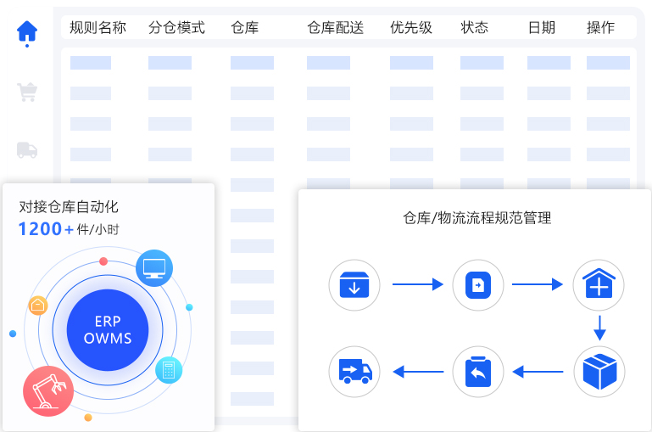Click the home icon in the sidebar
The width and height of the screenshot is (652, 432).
27,31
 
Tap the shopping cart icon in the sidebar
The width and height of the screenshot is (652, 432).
27,92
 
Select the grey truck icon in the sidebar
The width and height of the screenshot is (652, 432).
27,150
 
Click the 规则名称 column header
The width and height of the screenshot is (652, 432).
98,28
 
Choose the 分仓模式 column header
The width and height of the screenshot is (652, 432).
176,28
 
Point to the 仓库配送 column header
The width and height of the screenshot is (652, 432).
335,28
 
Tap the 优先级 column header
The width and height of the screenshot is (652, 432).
411,28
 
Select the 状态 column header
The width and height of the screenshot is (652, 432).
475,28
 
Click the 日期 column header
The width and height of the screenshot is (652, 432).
542,28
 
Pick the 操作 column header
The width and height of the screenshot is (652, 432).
601,28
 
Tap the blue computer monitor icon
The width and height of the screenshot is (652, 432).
154,267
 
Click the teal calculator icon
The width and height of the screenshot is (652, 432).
169,370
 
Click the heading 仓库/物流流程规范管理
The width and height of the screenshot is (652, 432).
476,218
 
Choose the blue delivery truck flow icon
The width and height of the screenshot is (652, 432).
354,371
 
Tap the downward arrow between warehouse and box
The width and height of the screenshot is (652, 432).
599,328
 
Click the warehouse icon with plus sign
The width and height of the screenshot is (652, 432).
599,285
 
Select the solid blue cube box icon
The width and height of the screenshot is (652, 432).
599,371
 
